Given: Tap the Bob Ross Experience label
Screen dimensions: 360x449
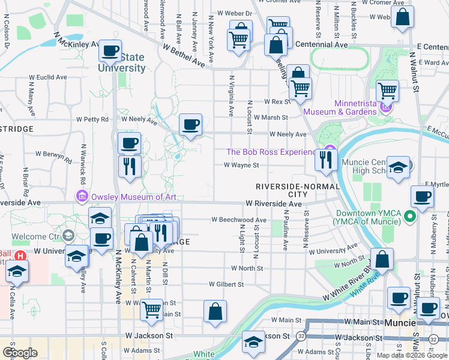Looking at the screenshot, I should (271, 152).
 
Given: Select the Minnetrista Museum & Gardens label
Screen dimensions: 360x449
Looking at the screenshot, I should (340, 107).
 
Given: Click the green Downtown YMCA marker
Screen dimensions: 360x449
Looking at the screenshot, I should (411, 215).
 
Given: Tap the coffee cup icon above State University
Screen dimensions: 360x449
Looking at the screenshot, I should (110, 52).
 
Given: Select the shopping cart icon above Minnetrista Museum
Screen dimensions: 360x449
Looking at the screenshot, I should (387, 91).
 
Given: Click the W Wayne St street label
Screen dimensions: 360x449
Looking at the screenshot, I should (241, 165).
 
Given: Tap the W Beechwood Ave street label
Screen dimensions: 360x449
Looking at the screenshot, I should (238, 220).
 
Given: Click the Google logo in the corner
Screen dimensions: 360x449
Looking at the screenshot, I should (20, 352).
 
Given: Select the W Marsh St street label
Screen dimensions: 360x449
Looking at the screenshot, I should (271, 118).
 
